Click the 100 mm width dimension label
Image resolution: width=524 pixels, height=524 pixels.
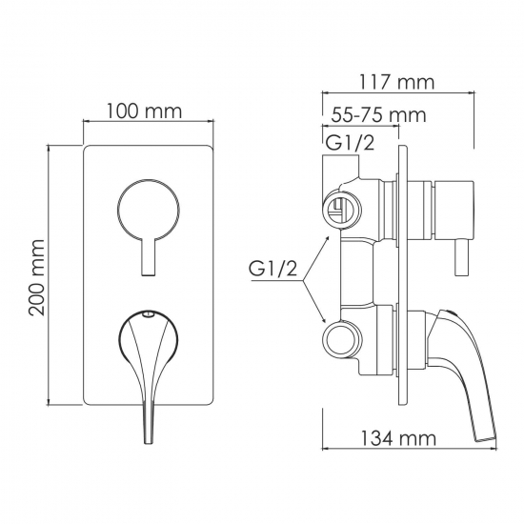[145, 111]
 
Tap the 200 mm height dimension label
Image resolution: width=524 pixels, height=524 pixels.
[37, 277]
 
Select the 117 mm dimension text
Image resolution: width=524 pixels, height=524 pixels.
[396, 82]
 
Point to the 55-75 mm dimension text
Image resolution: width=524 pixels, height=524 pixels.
[378, 115]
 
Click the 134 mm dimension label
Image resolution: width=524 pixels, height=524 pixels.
[398, 204]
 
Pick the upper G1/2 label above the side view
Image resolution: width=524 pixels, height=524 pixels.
[350, 143]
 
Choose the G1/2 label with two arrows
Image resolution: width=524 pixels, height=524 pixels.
[272, 269]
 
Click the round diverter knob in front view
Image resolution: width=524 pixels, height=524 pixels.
[149, 210]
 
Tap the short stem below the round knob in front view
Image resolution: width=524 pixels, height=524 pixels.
[149, 257]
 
